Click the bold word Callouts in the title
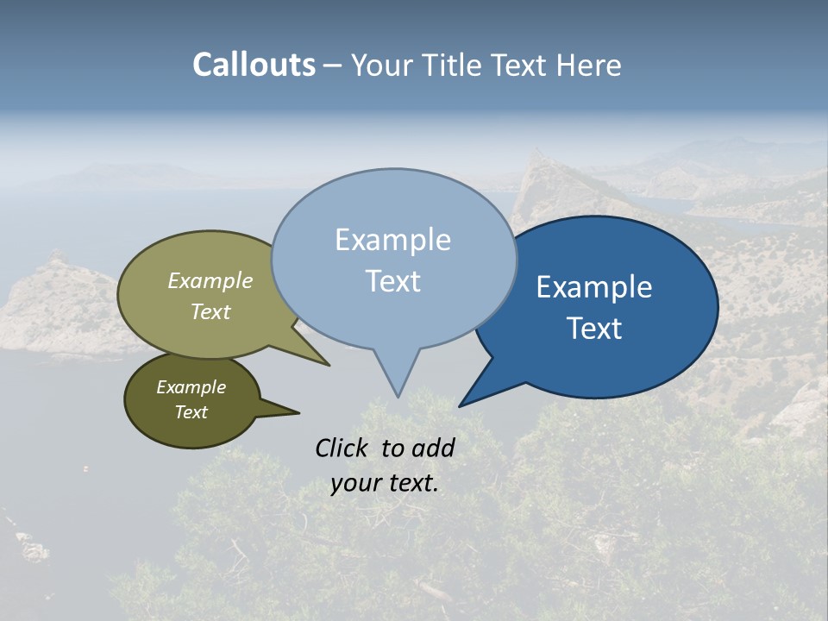254,65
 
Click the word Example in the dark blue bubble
594,287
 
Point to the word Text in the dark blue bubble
594,329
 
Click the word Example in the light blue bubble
392,240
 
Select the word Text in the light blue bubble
392,281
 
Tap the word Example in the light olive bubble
210,280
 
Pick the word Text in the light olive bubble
210,311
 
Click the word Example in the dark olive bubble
191,387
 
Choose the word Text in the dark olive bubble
191,412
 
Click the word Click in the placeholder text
343,448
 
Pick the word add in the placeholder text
432,448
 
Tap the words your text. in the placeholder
384,483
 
